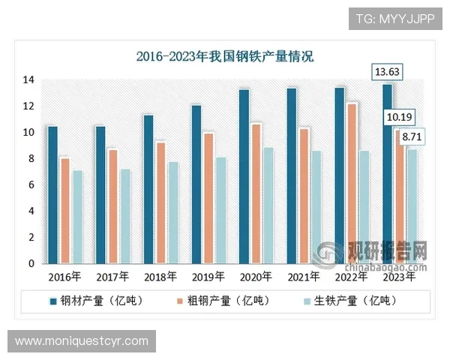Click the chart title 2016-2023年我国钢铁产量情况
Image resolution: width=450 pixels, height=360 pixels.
(x=225, y=56)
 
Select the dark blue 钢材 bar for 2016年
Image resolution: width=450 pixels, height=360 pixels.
(x=52, y=195)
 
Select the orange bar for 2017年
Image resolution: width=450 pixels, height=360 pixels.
(x=112, y=206)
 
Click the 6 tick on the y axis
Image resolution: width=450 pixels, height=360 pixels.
(x=31, y=185)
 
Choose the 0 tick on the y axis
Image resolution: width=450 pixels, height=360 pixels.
(x=31, y=264)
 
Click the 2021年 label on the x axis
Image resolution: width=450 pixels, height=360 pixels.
(x=304, y=276)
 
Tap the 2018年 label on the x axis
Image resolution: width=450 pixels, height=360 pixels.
(x=160, y=276)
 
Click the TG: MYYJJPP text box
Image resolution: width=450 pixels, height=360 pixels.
(x=395, y=18)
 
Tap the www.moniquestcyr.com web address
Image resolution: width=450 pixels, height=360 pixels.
(x=81, y=341)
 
